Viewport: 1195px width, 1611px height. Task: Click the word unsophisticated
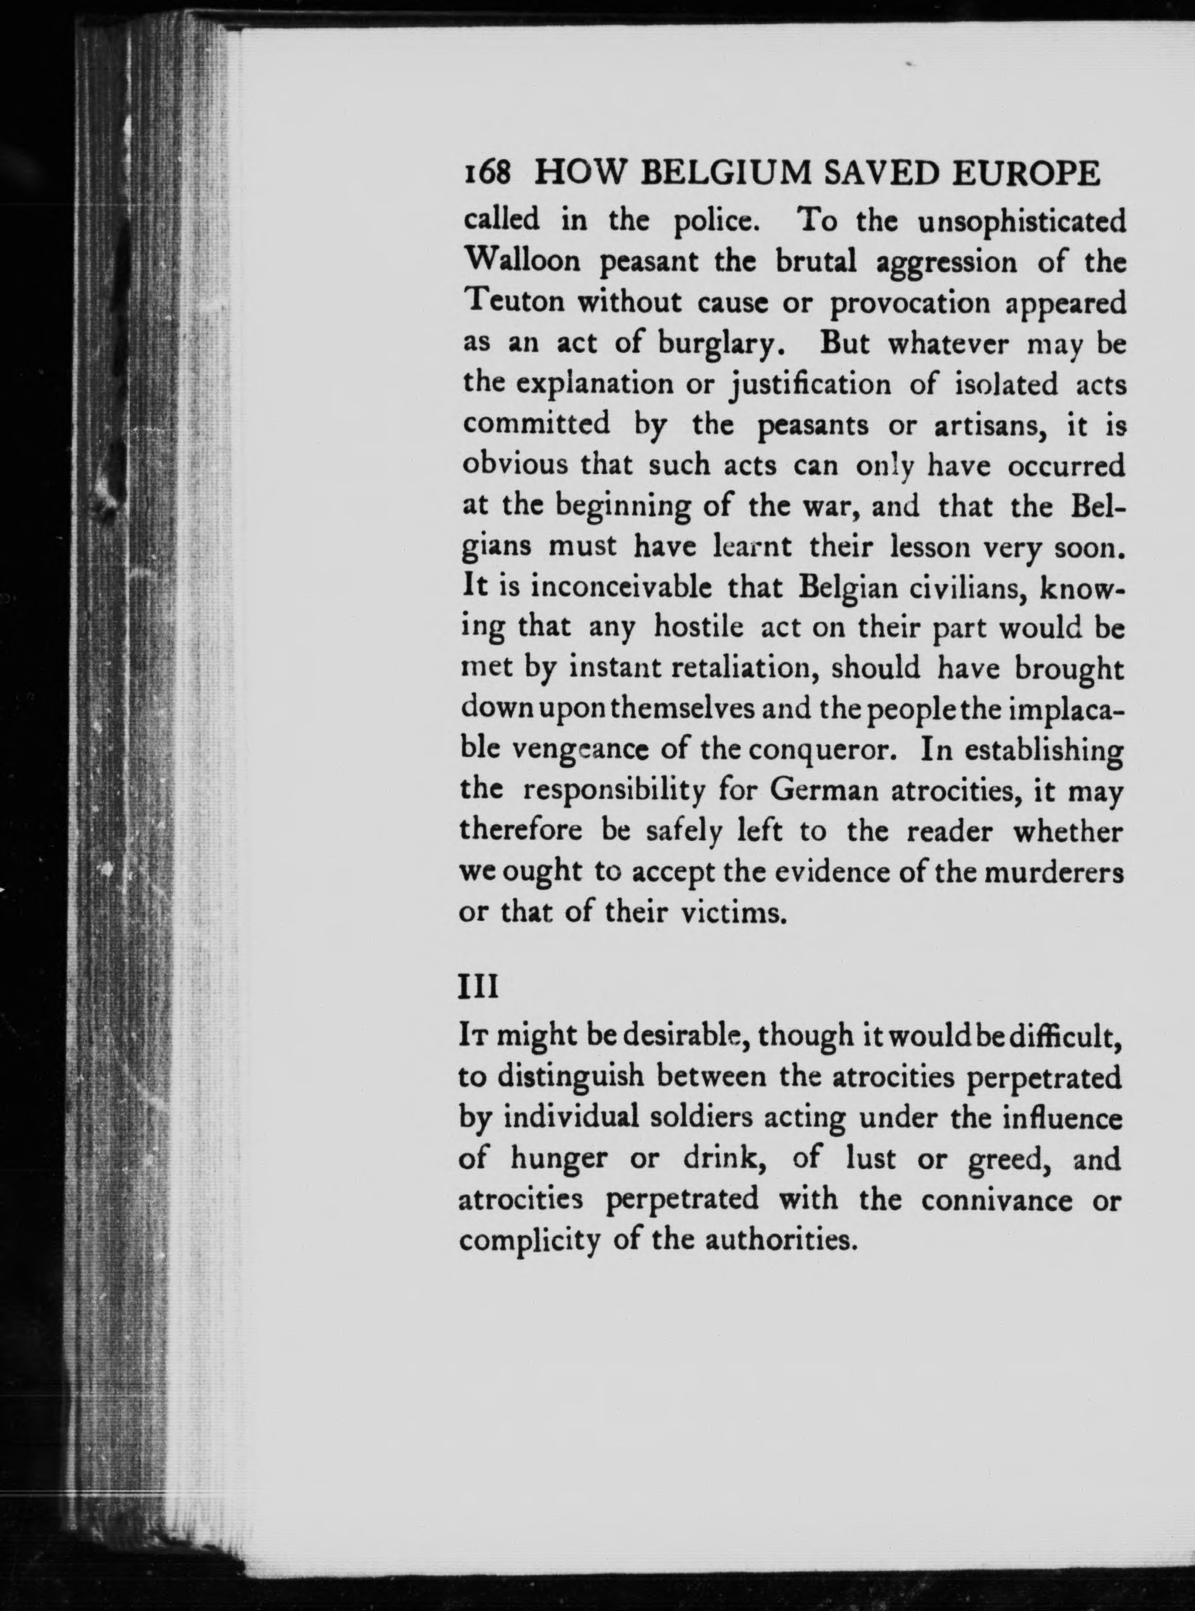pos(1022,220)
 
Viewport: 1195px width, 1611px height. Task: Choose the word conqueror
pos(822,750)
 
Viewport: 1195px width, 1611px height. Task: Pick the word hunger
pos(559,1159)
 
